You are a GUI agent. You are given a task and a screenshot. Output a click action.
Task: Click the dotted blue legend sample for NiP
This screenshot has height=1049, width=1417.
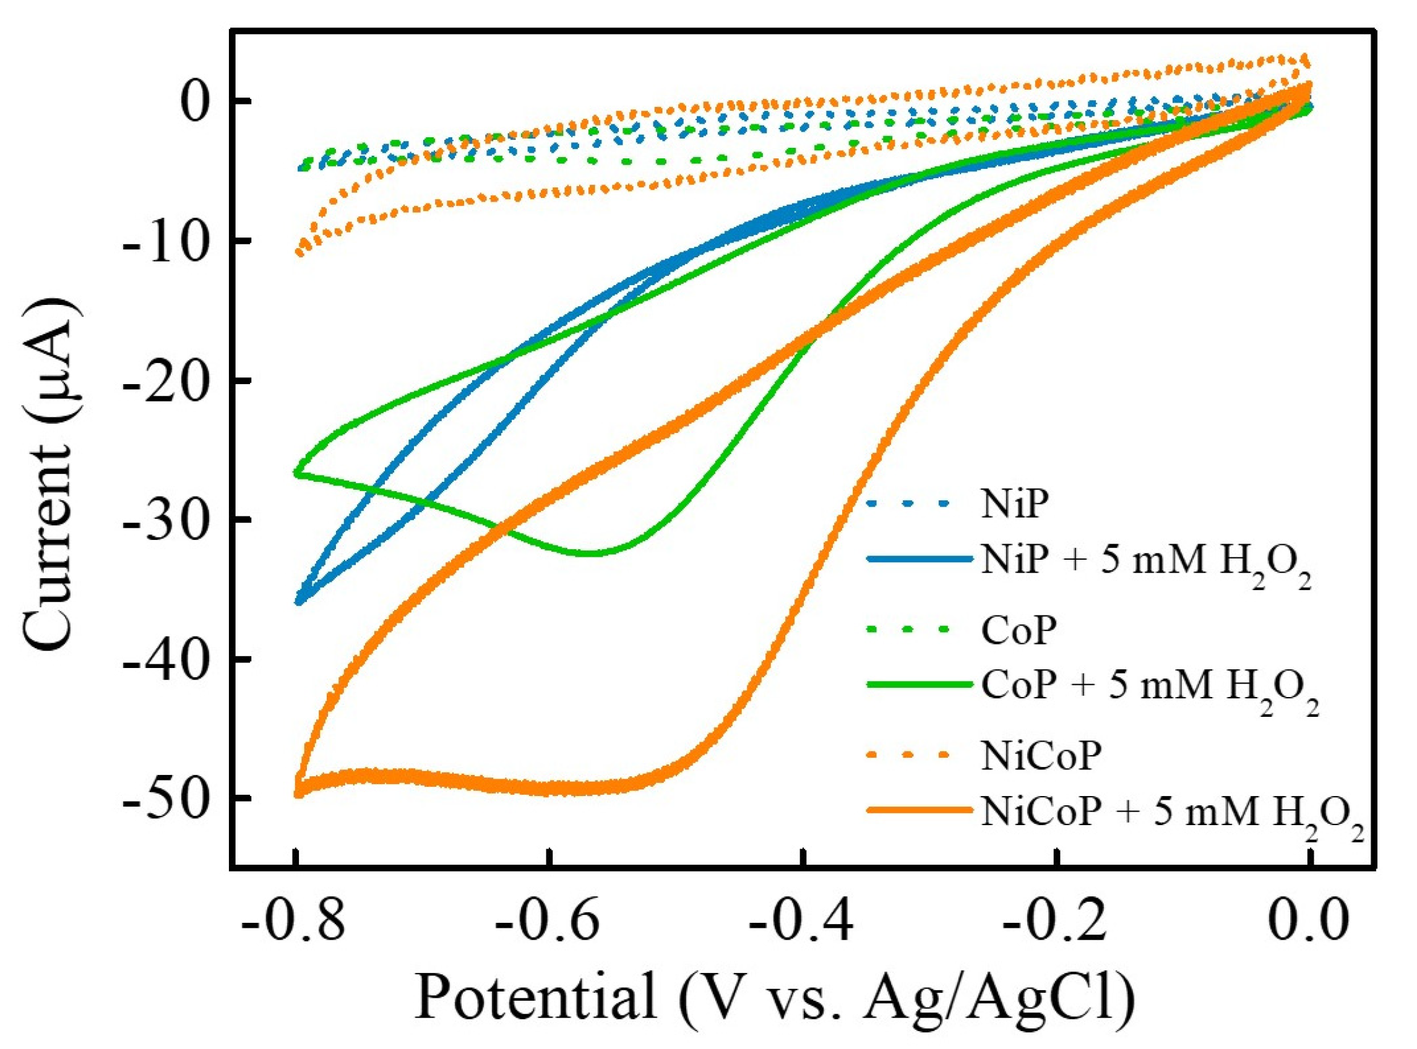(918, 503)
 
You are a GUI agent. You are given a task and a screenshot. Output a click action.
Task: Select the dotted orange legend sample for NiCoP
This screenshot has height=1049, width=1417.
(918, 755)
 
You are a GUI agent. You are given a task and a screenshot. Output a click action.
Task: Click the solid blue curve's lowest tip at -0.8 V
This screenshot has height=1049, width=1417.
(298, 601)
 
